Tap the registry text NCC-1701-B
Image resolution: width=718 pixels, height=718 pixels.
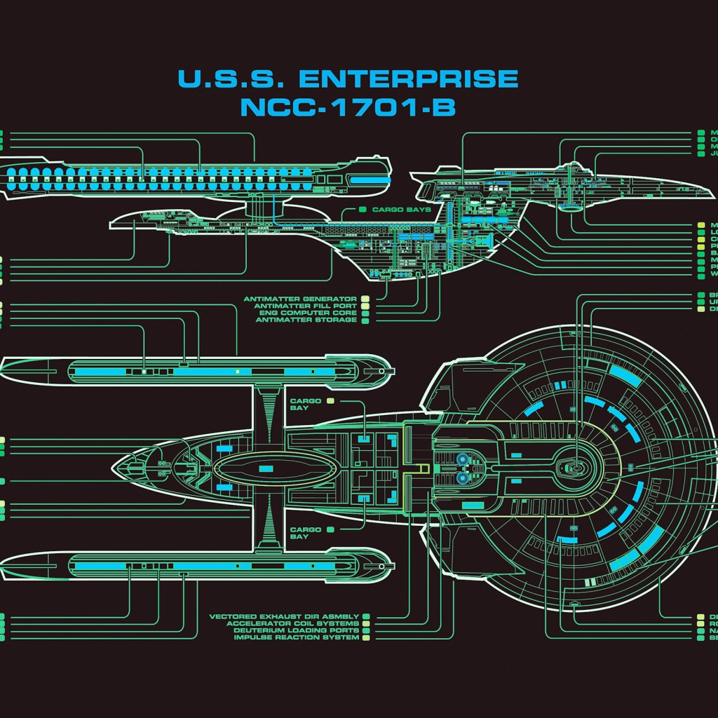[x=348, y=107]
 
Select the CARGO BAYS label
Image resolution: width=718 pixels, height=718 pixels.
[x=402, y=210]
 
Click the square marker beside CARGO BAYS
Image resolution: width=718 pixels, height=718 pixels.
[x=363, y=210]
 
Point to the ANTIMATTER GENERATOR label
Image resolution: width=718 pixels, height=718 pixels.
[x=300, y=299]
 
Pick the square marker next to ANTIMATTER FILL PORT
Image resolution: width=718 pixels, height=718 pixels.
[x=365, y=306]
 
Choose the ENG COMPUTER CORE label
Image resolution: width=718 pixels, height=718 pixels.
[x=309, y=313]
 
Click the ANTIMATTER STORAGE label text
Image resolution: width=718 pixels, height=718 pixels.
[x=306, y=320]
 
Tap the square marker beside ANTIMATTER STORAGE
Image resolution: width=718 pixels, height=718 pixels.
[x=365, y=320]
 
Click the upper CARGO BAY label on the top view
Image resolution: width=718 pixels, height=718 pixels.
[x=305, y=405]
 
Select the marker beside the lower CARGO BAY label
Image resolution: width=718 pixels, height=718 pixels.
[x=330, y=529]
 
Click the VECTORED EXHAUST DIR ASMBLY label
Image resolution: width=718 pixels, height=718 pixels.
[x=284, y=617]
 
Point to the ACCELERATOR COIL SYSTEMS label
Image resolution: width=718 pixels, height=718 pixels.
[x=292, y=624]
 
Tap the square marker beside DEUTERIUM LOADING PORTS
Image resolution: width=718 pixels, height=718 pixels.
[x=365, y=631]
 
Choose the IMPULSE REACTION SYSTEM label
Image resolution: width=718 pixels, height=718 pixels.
[x=296, y=638]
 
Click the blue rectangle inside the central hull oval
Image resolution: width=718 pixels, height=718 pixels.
[x=266, y=468]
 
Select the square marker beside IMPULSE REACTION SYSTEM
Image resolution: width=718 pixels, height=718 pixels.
[x=365, y=638]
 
